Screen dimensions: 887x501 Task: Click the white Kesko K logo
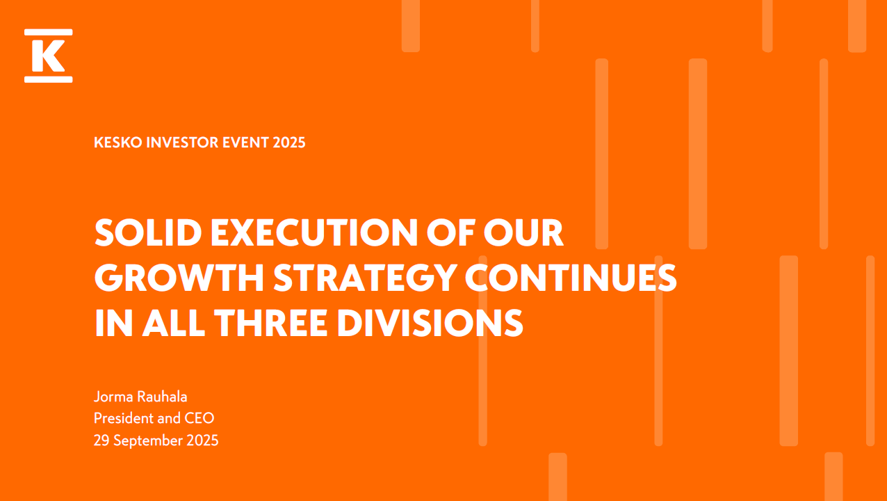[x=48, y=56]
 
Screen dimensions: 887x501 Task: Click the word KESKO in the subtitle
[x=118, y=143]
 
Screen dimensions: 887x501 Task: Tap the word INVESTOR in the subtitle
[x=182, y=143]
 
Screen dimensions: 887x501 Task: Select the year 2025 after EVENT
[x=289, y=143]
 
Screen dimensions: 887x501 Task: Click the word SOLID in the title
[x=149, y=232]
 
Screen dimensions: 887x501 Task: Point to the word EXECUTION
[x=314, y=232]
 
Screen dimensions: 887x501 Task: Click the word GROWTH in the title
[x=179, y=278]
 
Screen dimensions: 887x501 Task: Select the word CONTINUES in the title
[x=571, y=278]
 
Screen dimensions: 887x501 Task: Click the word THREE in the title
[x=271, y=323]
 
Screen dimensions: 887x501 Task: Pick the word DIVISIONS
[x=430, y=323]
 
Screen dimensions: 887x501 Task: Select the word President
[x=124, y=418]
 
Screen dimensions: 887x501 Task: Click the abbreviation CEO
[x=200, y=418]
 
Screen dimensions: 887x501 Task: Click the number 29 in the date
[x=101, y=440]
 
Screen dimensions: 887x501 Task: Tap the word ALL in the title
[x=174, y=323]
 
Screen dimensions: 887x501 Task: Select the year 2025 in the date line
[x=202, y=440]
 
